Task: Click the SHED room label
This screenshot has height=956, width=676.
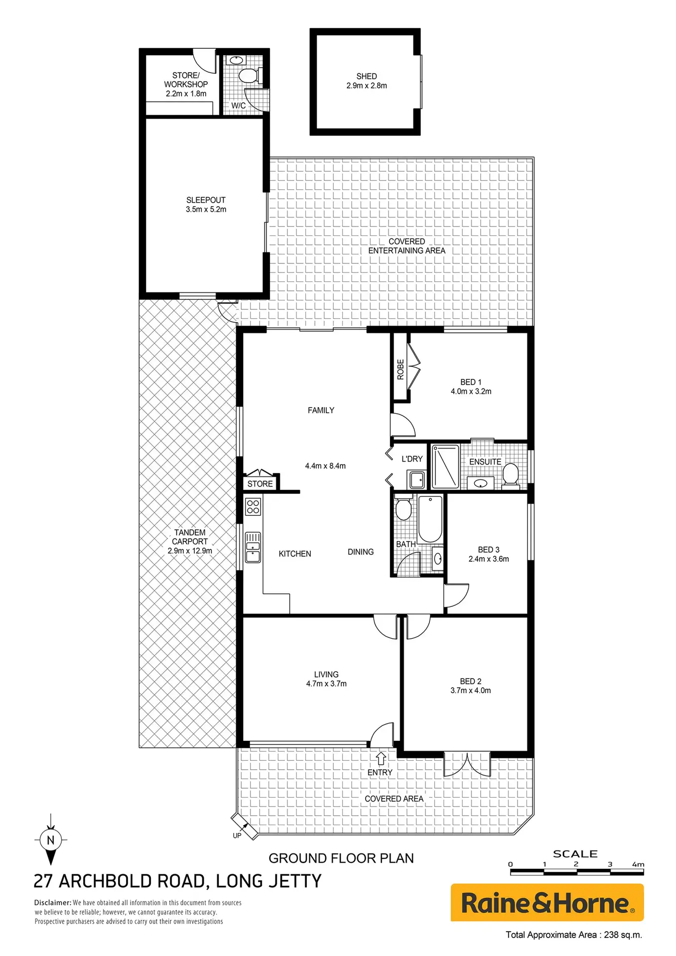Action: pos(367,76)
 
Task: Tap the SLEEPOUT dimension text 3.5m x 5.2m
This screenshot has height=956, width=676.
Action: pos(206,210)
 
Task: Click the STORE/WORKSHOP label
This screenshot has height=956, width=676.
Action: pos(186,80)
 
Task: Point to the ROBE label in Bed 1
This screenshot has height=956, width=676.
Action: pos(401,370)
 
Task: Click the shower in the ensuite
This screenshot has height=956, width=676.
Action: pos(445,467)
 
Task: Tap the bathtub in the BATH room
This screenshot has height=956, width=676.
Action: pos(430,519)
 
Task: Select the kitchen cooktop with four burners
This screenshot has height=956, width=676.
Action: pos(253,507)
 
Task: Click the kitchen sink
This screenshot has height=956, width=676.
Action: pos(253,548)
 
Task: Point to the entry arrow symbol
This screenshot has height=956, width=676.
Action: pos(381,758)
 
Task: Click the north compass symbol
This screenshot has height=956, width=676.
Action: pos(50,839)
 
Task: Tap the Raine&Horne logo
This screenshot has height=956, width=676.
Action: pos(547,903)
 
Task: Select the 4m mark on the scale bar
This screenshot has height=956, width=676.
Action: pos(638,864)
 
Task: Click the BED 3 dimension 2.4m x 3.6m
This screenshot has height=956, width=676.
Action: pos(489,559)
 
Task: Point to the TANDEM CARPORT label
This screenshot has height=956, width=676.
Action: pos(190,537)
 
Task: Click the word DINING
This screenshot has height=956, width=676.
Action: pos(361,552)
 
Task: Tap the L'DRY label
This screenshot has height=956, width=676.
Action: pos(412,459)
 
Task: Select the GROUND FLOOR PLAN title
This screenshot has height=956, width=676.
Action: pos(341,858)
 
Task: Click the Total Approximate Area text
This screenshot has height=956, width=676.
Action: pos(574,935)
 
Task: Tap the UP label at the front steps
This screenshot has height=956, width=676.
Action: pos(237,836)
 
